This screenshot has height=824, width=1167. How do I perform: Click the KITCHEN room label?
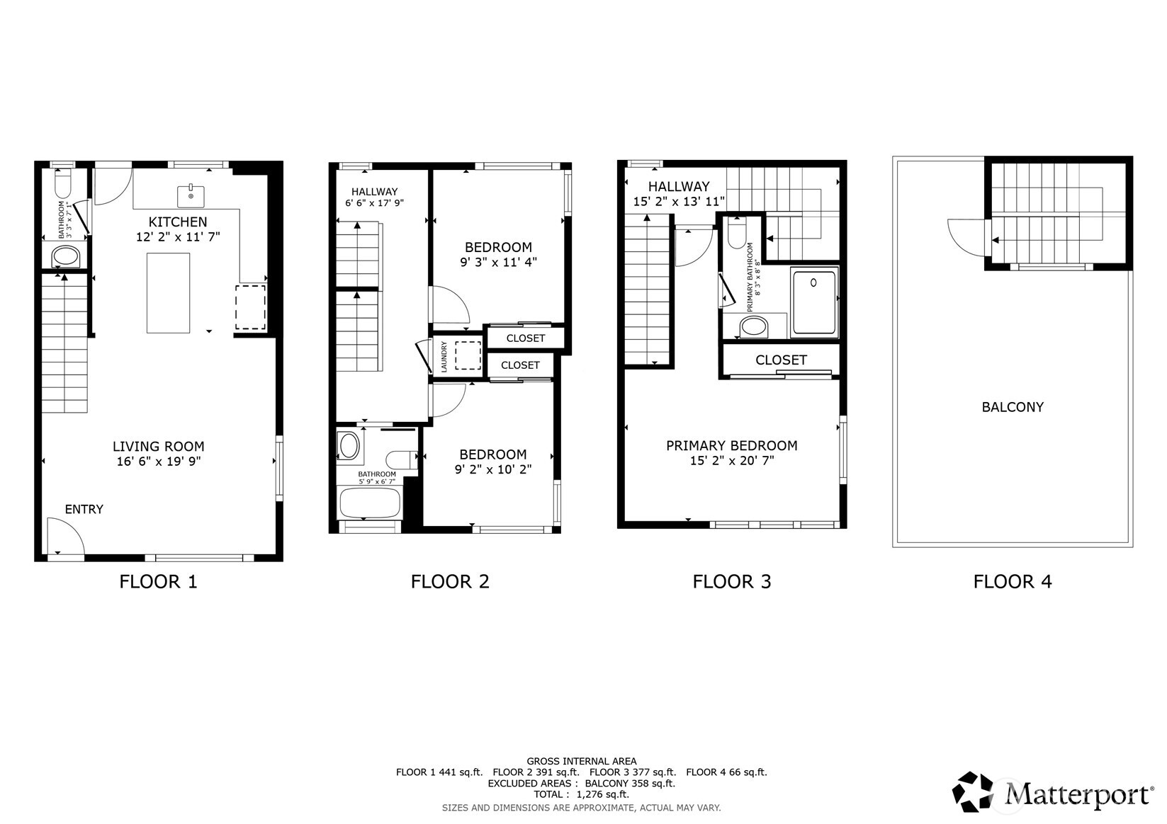pyautogui.click(x=178, y=222)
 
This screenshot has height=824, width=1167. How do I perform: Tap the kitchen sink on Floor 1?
pyautogui.click(x=191, y=194)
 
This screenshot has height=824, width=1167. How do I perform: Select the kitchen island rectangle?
pyautogui.click(x=168, y=292)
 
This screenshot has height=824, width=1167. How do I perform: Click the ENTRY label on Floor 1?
pyautogui.click(x=84, y=509)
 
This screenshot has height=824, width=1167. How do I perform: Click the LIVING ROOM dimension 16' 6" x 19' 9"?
pyautogui.click(x=159, y=462)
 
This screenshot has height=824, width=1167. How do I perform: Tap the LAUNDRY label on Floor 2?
pyautogui.click(x=444, y=356)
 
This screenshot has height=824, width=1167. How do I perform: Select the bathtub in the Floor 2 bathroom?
pyautogui.click(x=369, y=503)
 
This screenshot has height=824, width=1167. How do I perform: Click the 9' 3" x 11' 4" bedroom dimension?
pyautogui.click(x=498, y=262)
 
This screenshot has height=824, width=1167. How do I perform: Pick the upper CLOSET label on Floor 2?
pyautogui.click(x=525, y=338)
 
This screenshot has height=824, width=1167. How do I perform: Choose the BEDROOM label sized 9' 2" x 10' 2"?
pyautogui.click(x=492, y=454)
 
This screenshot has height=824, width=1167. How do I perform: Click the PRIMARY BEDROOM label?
pyautogui.click(x=731, y=445)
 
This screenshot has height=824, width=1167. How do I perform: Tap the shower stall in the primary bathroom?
pyautogui.click(x=814, y=302)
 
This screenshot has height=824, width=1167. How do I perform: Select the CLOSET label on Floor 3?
pyautogui.click(x=780, y=360)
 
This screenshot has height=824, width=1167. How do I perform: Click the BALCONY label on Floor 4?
pyautogui.click(x=1012, y=407)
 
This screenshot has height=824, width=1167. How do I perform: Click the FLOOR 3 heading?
pyautogui.click(x=731, y=582)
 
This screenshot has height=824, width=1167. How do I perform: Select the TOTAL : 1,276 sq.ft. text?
pyautogui.click(x=581, y=794)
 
